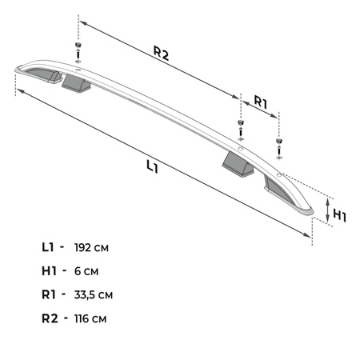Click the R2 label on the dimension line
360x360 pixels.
click(162, 53)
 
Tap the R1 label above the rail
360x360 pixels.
click(261, 102)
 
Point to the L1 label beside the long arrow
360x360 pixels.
click(152, 166)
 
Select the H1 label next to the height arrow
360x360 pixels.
click(339, 215)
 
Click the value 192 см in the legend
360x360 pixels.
click(91, 248)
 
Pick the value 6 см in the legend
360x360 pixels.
click(86, 271)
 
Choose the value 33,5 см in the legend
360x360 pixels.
click(94, 295)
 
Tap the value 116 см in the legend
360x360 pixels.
click(90, 318)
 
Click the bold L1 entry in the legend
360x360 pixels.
click(48, 247)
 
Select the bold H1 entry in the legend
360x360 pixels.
click(49, 271)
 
